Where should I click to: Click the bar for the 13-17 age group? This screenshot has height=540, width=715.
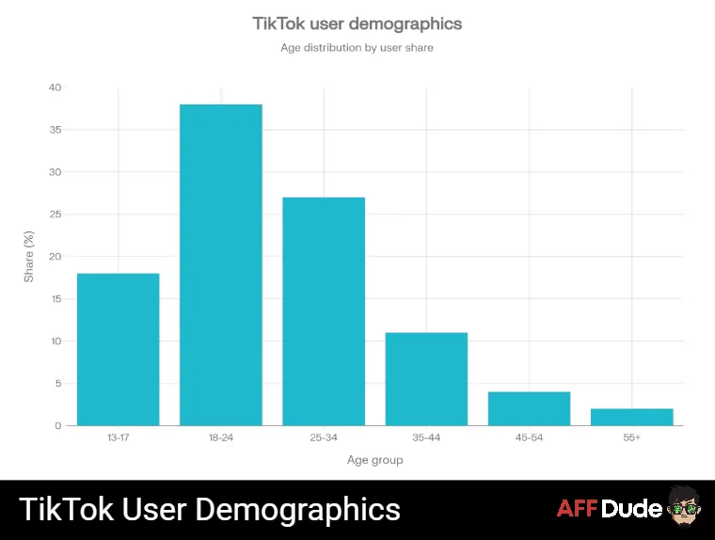pyautogui.click(x=118, y=349)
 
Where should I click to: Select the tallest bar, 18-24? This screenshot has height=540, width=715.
pyautogui.click(x=221, y=264)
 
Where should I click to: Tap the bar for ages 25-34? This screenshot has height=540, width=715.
pyautogui.click(x=324, y=311)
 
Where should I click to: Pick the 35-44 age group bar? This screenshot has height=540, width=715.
pyautogui.click(x=426, y=379)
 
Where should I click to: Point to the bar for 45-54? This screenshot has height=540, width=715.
pyautogui.click(x=529, y=408)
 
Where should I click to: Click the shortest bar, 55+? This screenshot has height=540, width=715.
pyautogui.click(x=631, y=417)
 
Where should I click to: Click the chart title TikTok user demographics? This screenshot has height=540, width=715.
pyautogui.click(x=357, y=23)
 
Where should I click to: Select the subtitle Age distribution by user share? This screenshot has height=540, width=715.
pyautogui.click(x=357, y=47)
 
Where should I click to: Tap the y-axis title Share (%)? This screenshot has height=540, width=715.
pyautogui.click(x=28, y=257)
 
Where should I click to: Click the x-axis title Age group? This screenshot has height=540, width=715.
pyautogui.click(x=374, y=460)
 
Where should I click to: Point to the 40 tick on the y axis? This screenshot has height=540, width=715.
pyautogui.click(x=55, y=87)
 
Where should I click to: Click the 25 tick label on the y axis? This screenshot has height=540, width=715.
pyautogui.click(x=55, y=214)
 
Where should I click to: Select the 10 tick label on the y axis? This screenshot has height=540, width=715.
pyautogui.click(x=55, y=341)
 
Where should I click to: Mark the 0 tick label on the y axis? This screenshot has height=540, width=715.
pyautogui.click(x=57, y=426)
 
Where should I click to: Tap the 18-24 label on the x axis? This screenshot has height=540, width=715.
pyautogui.click(x=221, y=438)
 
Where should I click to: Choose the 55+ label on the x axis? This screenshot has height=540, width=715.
pyautogui.click(x=631, y=438)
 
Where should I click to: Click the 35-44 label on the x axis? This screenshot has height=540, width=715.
pyautogui.click(x=426, y=438)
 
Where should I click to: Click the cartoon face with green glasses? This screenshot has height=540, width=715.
pyautogui.click(x=684, y=509)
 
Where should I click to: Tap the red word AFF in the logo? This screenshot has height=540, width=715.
pyautogui.click(x=577, y=510)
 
